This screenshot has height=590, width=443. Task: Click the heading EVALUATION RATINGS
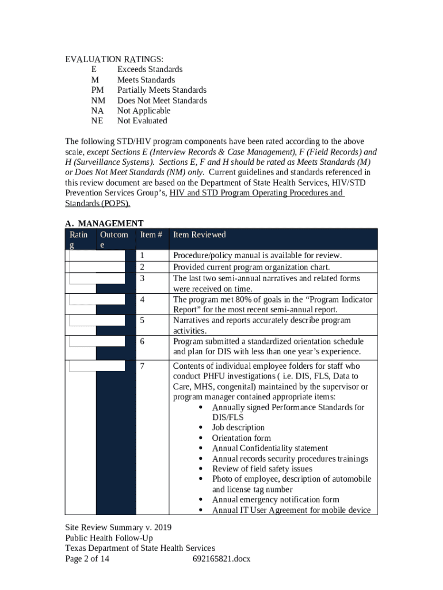(x=114, y=59)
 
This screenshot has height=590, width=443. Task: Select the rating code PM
(x=98, y=90)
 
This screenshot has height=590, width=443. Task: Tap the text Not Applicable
(x=144, y=111)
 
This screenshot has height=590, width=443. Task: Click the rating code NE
(x=97, y=121)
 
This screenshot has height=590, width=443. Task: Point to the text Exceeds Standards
(x=150, y=70)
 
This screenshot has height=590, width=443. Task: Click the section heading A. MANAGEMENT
(x=104, y=224)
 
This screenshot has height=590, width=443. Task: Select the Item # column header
(x=151, y=235)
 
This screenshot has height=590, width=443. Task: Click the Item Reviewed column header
(x=200, y=235)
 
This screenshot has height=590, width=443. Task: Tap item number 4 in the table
(x=143, y=300)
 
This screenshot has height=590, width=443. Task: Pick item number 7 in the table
(x=143, y=366)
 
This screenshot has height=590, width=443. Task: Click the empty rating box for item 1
(x=96, y=255)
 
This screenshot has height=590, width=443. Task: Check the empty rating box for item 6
(x=97, y=341)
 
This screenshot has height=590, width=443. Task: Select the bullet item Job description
(x=238, y=428)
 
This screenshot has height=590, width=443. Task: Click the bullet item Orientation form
(x=241, y=438)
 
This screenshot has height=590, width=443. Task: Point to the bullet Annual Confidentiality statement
(x=270, y=448)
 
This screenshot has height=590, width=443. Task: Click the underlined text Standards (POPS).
(x=98, y=203)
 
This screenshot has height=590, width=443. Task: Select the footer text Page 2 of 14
(x=87, y=559)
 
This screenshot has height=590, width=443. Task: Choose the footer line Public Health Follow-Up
(x=109, y=538)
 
